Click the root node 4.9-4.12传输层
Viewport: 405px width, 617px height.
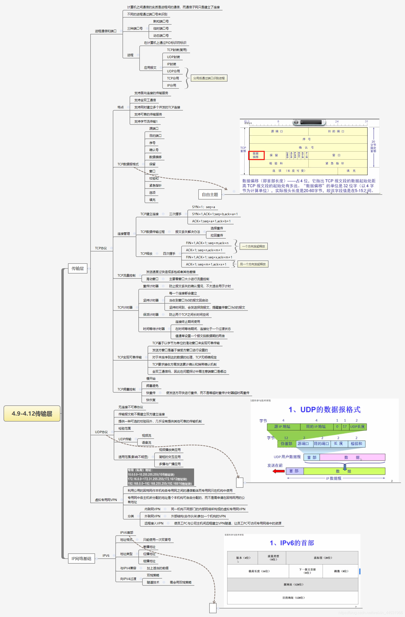click(32, 413)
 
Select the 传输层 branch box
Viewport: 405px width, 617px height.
click(77, 269)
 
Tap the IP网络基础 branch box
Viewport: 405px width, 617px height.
click(81, 558)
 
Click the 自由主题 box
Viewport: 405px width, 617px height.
click(210, 195)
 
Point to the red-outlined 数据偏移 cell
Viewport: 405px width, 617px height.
click(256, 155)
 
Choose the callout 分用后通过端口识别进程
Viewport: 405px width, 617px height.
click(209, 78)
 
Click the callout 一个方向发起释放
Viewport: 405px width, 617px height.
click(254, 246)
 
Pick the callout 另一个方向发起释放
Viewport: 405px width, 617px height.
click(253, 264)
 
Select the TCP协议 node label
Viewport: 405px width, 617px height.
click(101, 248)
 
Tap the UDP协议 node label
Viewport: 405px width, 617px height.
click(101, 432)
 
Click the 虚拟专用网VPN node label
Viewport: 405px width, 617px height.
click(106, 500)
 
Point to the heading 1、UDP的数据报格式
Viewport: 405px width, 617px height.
click(324, 410)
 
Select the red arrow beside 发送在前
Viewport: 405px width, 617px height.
click(279, 471)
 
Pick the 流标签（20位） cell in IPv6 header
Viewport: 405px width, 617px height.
click(323, 558)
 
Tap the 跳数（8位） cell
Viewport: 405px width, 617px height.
click(341, 571)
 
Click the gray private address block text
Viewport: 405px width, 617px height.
click(160, 477)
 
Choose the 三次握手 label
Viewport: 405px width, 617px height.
click(175, 214)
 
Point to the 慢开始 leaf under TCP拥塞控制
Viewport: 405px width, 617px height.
click(151, 379)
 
